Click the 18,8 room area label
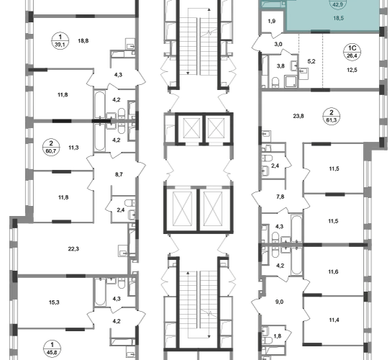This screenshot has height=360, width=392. (84, 41)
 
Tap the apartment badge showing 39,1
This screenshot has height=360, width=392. (60, 41)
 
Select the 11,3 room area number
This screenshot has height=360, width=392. (73, 148)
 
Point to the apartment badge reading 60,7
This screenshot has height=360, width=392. (51, 148)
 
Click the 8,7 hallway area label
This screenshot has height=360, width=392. (119, 174)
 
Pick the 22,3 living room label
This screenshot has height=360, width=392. (73, 249)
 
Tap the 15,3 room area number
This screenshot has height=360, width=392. (54, 302)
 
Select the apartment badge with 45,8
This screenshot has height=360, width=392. (52, 348)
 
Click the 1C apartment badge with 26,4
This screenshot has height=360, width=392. (352, 52)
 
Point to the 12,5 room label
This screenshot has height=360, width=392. (352, 70)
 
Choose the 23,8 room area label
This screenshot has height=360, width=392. (298, 116)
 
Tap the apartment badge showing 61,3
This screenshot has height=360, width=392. (331, 117)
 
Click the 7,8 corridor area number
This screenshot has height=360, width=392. (280, 197)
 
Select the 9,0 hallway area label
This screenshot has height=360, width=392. (280, 302)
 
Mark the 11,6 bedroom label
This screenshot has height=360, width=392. (334, 271)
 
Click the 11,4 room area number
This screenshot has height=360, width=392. (334, 320)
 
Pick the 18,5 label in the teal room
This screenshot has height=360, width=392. (338, 18)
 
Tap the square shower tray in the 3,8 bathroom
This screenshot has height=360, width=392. (290, 81)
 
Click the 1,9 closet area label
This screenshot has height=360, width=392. (272, 21)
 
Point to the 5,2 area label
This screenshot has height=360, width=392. (311, 61)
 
